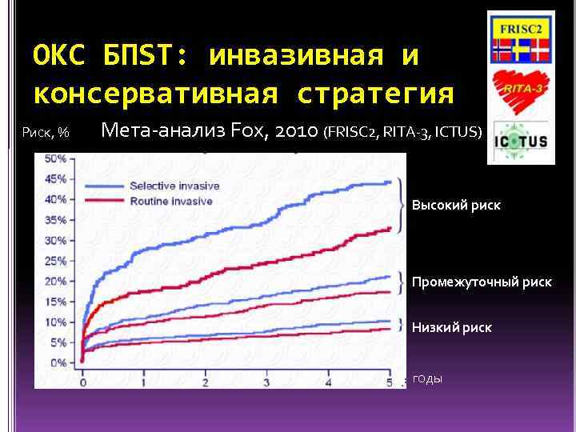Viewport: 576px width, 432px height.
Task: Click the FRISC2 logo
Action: pyautogui.click(x=520, y=39)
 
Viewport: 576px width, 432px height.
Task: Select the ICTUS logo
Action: pyautogui.click(x=520, y=142)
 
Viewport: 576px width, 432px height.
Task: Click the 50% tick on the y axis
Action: pyautogui.click(x=55, y=158)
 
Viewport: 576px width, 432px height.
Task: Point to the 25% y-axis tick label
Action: pyautogui.click(x=55, y=261)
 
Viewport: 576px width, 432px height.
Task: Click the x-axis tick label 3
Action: pyautogui.click(x=268, y=382)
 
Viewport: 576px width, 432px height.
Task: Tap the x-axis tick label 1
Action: pyautogui.click(x=145, y=382)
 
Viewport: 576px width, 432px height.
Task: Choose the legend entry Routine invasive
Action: pyautogui.click(x=171, y=201)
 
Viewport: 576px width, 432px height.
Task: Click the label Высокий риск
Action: pyautogui.click(x=456, y=206)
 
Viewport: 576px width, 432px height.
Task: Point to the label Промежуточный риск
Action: pyautogui.click(x=481, y=282)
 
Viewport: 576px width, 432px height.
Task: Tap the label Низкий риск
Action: pyautogui.click(x=451, y=327)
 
